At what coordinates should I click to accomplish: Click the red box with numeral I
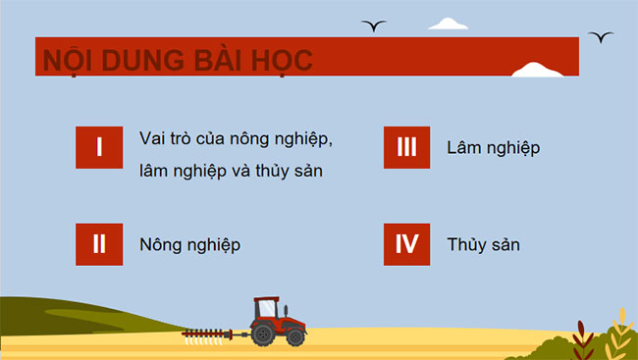[x=99, y=147]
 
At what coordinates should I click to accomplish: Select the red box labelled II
[x=99, y=244]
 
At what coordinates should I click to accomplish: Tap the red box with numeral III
[x=406, y=147]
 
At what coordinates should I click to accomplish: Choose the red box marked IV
[x=406, y=244]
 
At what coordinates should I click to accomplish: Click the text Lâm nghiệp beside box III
[x=493, y=148]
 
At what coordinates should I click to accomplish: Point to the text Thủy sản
[x=482, y=244]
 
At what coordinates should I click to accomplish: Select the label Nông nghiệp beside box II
[x=189, y=244]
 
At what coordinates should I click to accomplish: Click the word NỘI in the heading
[x=68, y=60]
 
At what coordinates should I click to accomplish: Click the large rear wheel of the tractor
[x=265, y=334]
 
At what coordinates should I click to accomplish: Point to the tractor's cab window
[x=266, y=308]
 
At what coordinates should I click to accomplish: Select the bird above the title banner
[x=373, y=25]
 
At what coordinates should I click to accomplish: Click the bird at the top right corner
[x=601, y=36]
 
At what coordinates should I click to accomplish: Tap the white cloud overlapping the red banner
[x=538, y=70]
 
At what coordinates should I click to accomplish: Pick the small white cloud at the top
[x=448, y=24]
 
